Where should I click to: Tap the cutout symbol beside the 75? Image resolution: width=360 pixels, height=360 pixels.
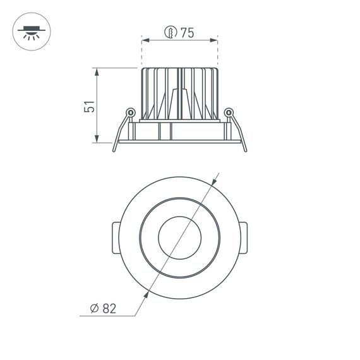[x=169, y=33]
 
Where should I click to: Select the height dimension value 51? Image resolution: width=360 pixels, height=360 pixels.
[x=90, y=106]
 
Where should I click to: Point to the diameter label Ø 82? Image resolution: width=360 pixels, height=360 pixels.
[x=103, y=308]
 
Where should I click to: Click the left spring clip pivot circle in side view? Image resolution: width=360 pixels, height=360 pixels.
[x=129, y=113]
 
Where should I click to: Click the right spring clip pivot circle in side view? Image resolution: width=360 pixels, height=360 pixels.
[x=229, y=113]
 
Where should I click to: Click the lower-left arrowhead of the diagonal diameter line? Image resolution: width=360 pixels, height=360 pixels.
[x=147, y=291]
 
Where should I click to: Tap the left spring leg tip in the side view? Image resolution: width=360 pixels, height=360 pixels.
[x=114, y=151]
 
